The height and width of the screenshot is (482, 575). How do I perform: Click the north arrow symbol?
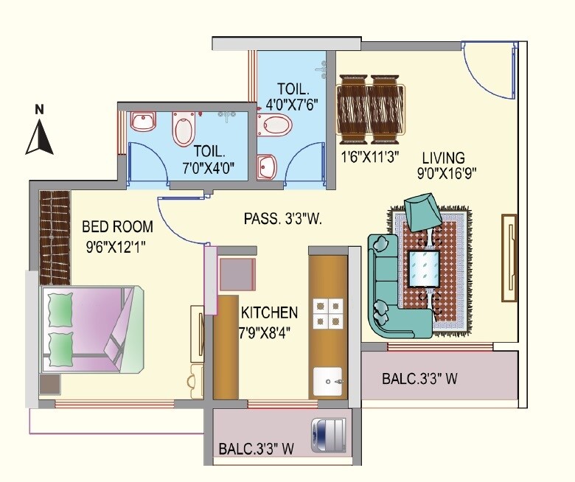[40, 136]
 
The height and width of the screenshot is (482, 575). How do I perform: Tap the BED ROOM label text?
[117, 226]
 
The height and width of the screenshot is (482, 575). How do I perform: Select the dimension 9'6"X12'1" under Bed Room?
[116, 246]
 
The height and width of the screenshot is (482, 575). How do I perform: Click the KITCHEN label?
[268, 312]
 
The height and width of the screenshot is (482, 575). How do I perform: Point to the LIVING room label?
[443, 158]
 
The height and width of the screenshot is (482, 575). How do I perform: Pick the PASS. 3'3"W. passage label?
[284, 219]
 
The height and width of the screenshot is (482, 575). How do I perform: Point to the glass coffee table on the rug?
[423, 268]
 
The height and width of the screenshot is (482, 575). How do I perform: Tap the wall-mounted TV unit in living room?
[509, 257]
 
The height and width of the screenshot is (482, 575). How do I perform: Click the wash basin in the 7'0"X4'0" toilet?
[142, 119]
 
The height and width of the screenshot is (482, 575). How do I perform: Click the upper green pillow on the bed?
[60, 308]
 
